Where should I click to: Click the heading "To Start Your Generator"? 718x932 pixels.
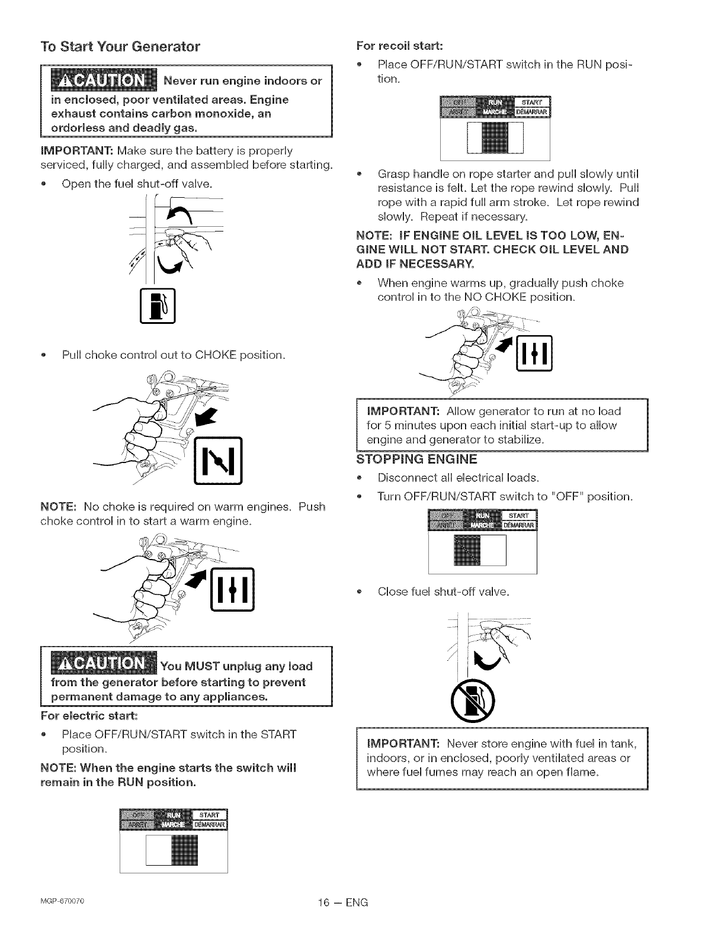(x=120, y=46)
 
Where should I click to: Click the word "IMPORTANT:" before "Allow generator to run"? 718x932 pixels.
(x=403, y=411)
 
